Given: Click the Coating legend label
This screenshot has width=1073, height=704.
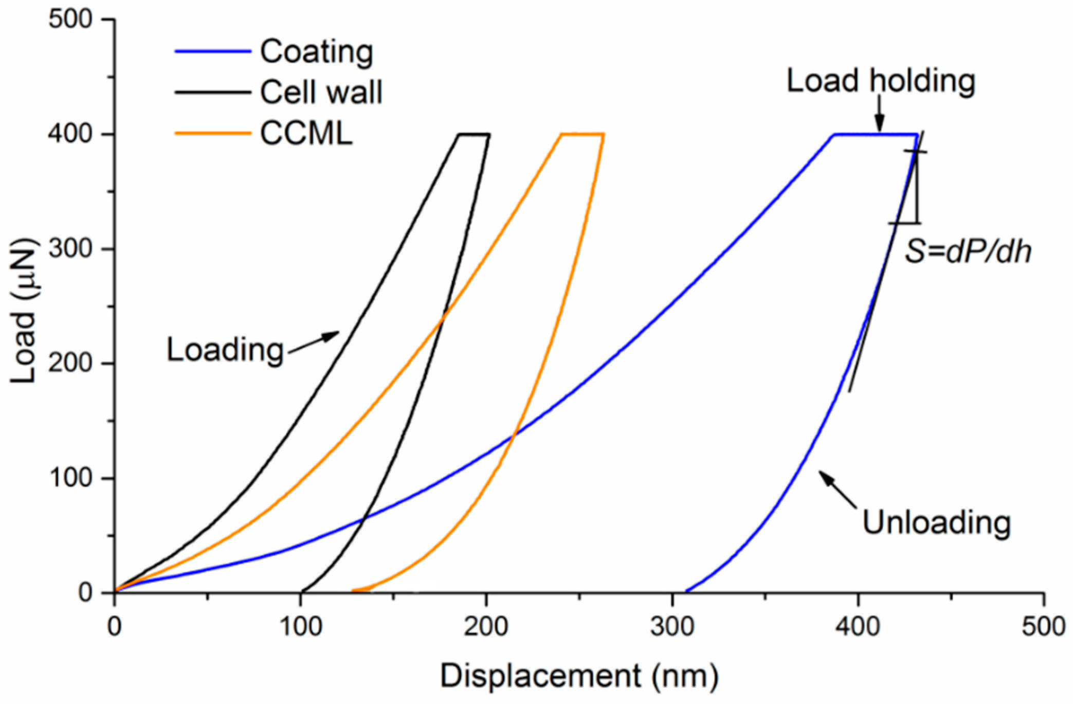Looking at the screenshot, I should pos(316,52).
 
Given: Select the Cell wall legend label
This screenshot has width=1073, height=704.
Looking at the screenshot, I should pos(321,93).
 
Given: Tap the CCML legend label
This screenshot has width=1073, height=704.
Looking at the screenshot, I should pos(306,134).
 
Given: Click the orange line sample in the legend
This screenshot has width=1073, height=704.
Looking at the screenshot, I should pos(212,134).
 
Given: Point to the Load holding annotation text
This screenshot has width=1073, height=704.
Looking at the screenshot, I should pos(881,81).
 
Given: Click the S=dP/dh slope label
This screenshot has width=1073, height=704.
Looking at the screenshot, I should pos(968,252).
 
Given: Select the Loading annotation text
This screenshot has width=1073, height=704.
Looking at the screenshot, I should pos(225,350).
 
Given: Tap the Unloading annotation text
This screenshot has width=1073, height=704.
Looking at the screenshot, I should pos(936,523).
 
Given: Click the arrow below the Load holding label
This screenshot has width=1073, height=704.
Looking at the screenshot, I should pos(880,114).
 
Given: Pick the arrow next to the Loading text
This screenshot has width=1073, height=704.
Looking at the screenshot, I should pos(314,342).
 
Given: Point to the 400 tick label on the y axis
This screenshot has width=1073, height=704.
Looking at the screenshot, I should pos(69,134).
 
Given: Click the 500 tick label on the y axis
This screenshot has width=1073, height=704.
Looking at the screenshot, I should pos(69,20).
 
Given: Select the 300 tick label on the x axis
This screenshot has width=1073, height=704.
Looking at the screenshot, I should pos(672,627).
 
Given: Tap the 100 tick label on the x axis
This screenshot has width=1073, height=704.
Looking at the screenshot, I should pos(300,627).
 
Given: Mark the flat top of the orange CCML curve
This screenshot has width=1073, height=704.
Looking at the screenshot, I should pos(582,135).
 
